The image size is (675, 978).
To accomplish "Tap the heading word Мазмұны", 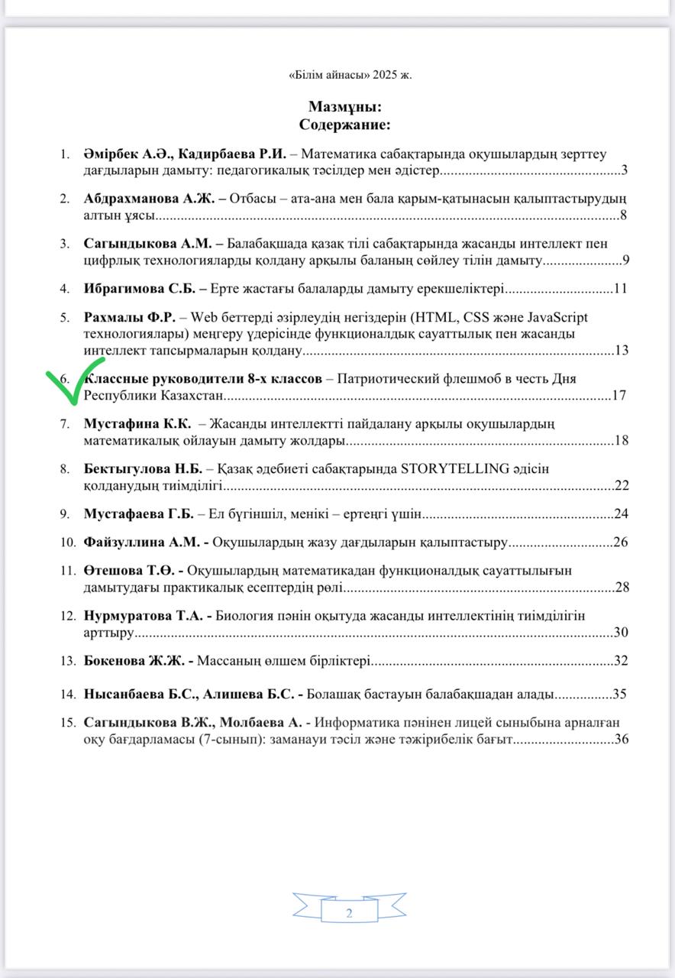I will coord(344,107).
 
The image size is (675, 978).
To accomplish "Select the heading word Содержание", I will coord(344,124).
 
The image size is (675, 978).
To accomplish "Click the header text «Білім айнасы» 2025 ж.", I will coord(350,74).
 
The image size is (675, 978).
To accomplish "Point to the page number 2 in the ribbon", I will coord(349,914).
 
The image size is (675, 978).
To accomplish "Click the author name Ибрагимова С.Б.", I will coord(139,290).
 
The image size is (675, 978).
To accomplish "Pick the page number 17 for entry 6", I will coord(619,396).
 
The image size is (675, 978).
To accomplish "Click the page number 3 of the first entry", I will coord(624,170).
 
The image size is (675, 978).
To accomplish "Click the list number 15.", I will coord(69,722).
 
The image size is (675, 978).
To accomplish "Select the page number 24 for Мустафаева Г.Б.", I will coord(620,513).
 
